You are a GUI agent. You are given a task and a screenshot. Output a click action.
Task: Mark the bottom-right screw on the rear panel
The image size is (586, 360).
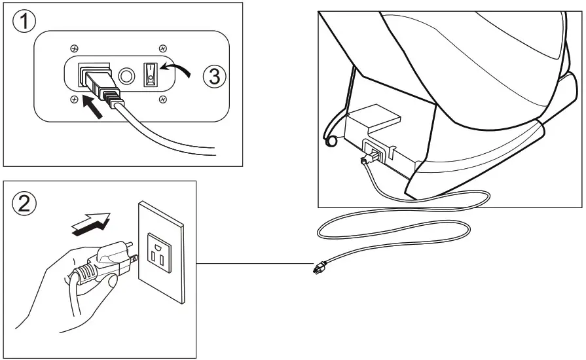coord(163,99)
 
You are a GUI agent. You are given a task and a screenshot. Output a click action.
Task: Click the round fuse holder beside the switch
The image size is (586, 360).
coord(124,75)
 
